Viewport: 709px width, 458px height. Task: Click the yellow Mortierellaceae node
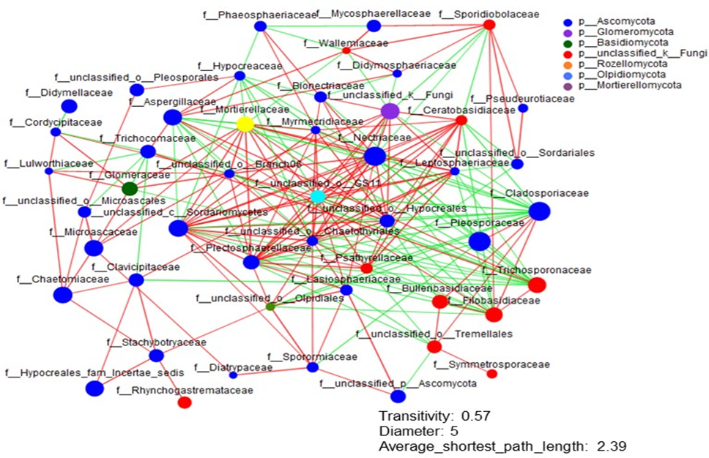[245, 124]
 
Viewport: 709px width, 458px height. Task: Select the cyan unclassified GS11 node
[318, 196]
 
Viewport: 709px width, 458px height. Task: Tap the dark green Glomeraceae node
[130, 188]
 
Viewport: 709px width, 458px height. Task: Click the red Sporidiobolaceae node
[489, 26]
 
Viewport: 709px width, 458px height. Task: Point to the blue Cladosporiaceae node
[539, 211]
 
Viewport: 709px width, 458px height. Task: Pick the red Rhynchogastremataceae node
[185, 402]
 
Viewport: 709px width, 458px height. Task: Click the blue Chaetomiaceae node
[62, 295]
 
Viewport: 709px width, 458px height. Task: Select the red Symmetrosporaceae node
[491, 374]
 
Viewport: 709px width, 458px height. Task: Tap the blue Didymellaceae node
[69, 106]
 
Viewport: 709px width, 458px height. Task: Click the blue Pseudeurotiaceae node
[523, 108]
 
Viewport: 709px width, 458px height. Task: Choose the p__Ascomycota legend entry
[616, 21]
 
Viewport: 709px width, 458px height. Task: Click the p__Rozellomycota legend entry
[621, 64]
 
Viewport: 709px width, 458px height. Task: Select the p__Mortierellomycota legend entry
[629, 85]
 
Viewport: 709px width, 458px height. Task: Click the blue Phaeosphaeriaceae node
[260, 26]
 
